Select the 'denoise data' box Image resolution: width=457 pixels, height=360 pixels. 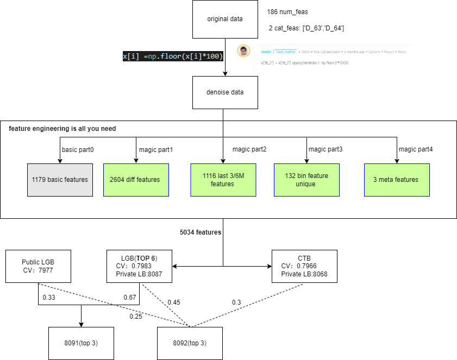click(x=225, y=92)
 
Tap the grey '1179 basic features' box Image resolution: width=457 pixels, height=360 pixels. click(x=60, y=179)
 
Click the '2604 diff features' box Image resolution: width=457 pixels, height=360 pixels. click(x=135, y=179)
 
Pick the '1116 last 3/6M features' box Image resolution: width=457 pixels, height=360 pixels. click(x=222, y=179)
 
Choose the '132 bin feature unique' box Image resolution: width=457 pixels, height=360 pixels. click(x=306, y=179)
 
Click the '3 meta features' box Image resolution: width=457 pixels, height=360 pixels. click(x=396, y=179)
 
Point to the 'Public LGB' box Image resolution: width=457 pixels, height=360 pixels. click(x=38, y=266)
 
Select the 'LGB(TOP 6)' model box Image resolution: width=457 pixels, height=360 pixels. click(x=139, y=266)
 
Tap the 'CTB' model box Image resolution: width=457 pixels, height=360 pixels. click(x=304, y=266)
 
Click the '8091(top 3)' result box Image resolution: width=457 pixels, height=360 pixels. click(x=82, y=343)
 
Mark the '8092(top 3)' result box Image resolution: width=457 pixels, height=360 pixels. click(x=190, y=343)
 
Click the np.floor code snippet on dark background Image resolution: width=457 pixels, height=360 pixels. click(x=173, y=56)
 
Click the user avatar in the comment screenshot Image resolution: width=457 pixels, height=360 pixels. click(x=244, y=51)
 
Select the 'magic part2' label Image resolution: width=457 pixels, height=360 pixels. click(x=249, y=149)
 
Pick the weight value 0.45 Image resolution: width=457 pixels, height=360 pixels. click(x=173, y=302)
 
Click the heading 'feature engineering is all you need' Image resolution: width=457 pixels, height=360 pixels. click(x=62, y=129)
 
